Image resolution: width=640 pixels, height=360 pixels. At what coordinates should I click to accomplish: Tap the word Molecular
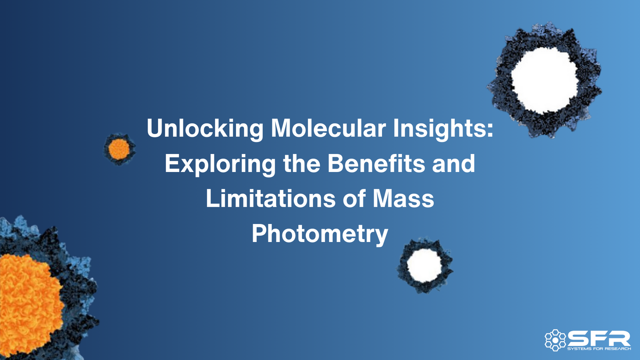click(328, 129)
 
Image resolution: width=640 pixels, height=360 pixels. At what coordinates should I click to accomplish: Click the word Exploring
click(220, 164)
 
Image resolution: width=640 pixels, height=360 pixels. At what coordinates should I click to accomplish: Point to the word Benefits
click(376, 164)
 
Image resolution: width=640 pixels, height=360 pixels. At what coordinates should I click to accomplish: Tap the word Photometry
click(320, 234)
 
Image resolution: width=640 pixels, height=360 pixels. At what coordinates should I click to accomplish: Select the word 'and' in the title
click(454, 164)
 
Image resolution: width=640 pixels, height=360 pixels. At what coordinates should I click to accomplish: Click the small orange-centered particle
click(119, 149)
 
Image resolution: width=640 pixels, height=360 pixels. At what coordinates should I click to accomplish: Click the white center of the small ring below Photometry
click(424, 265)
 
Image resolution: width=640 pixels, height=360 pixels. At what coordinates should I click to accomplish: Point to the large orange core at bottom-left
click(28, 304)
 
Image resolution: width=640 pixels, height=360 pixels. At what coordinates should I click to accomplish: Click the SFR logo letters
click(599, 339)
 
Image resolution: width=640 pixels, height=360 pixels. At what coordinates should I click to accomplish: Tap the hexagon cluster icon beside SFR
click(555, 340)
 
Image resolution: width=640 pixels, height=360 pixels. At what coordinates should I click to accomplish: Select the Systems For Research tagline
click(599, 349)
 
